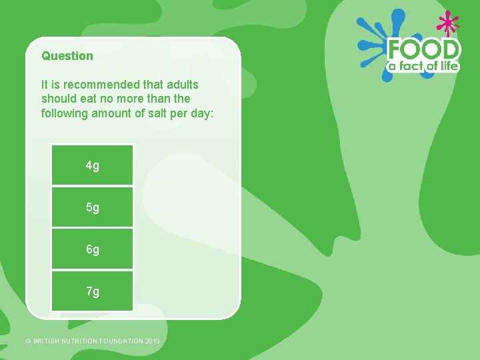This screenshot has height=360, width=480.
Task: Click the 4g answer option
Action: coord(93,165)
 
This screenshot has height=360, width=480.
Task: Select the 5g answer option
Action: coord(93,207)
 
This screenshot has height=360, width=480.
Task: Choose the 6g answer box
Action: coord(93,249)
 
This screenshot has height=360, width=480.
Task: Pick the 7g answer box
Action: coord(93,291)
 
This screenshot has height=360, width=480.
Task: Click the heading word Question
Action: coord(67,56)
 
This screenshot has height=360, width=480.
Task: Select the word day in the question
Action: coord(201,113)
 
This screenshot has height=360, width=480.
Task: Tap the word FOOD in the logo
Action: coord(424,50)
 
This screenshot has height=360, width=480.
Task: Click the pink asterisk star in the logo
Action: coord(448,23)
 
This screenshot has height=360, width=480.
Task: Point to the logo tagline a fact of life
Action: coord(424,66)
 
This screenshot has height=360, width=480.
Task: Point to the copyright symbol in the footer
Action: coord(28,341)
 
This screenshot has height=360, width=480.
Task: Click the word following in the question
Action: coord(63,113)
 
